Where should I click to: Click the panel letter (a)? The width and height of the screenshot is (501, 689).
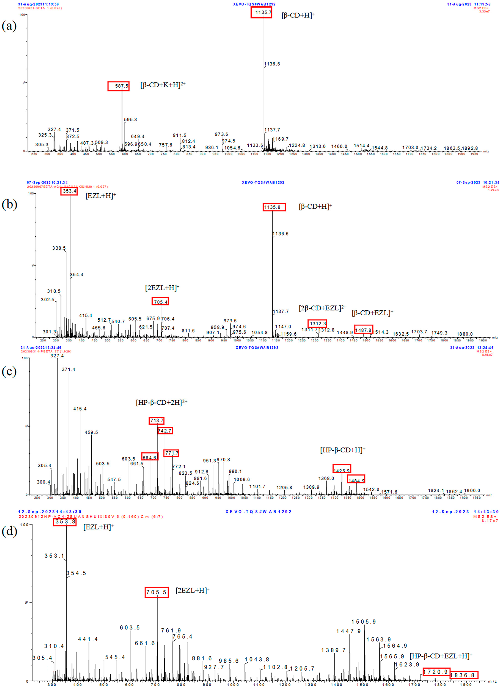pyautogui.click(x=9, y=26)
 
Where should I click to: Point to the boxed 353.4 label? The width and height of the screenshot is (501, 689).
pyautogui.click(x=69, y=191)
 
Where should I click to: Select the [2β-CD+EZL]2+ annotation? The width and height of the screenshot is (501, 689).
pyautogui.click(x=322, y=308)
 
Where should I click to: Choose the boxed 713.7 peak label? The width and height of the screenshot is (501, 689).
pyautogui.click(x=157, y=421)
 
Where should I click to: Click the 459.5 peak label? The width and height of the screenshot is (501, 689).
pyautogui.click(x=91, y=432)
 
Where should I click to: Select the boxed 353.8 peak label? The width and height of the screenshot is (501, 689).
pyautogui.click(x=65, y=522)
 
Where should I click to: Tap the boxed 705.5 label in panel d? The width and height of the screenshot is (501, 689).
pyautogui.click(x=157, y=592)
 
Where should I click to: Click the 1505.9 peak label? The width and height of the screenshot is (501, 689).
pyautogui.click(x=364, y=622)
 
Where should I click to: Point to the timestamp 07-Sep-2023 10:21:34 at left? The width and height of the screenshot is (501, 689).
pyautogui.click(x=47, y=183)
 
